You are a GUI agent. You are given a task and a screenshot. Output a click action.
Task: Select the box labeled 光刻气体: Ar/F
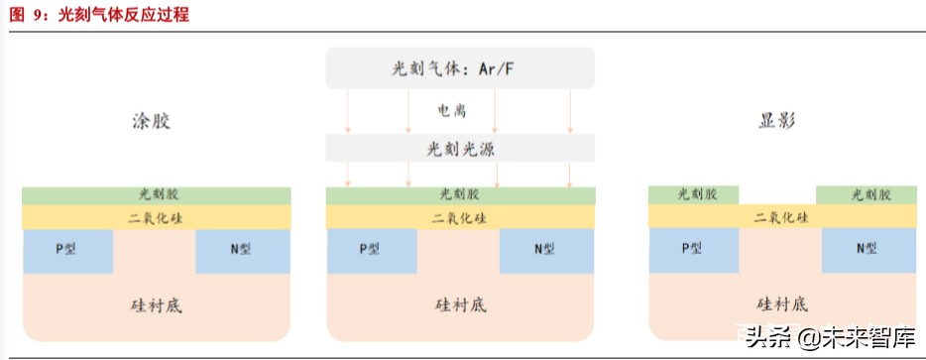(x=460, y=69)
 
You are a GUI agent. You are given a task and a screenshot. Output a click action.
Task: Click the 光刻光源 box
(x=460, y=148)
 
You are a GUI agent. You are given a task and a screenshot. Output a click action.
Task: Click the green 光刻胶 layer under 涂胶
(x=157, y=195)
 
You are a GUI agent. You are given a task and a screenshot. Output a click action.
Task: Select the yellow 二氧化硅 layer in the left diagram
(x=157, y=217)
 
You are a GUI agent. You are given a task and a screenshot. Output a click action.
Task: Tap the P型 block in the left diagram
(x=66, y=251)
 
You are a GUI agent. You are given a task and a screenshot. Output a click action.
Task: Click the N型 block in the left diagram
(x=242, y=251)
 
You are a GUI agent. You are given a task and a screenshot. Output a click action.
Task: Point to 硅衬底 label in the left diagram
(x=157, y=304)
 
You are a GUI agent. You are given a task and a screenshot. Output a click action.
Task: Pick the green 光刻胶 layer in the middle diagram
(x=460, y=195)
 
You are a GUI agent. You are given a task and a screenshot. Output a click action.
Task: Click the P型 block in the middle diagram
(x=371, y=251)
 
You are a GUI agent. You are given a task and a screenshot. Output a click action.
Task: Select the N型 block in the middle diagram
(x=546, y=251)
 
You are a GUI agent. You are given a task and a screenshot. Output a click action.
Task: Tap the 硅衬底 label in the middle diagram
(x=460, y=304)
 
